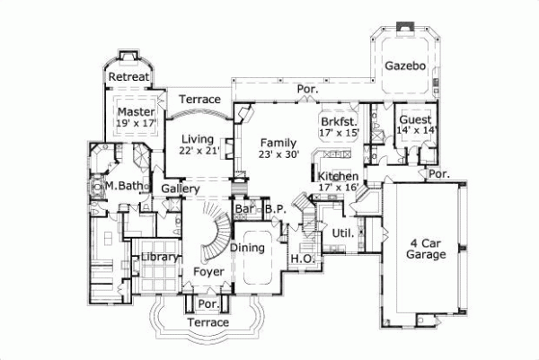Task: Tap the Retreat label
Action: click(128, 77)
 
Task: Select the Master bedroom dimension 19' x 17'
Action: click(136, 127)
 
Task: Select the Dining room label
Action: click(246, 248)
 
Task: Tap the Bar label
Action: click(243, 210)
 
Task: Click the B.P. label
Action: click(275, 210)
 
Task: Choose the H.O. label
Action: click(300, 260)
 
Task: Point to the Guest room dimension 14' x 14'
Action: click(415, 131)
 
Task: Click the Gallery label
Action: click(180, 189)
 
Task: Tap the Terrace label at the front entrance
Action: click(208, 322)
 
